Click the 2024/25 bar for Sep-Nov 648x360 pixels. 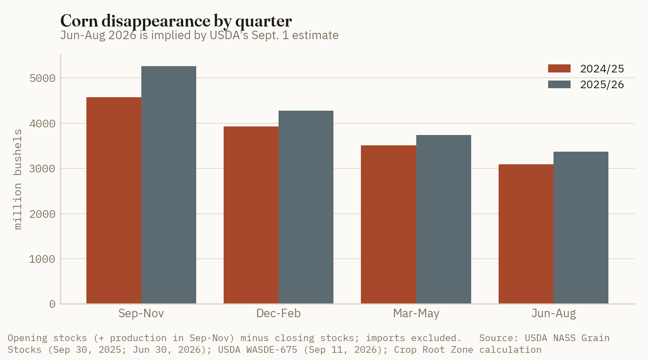tap(114, 200)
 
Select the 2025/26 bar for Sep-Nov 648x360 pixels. tap(169, 185)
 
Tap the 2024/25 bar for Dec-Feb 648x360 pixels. tap(251, 215)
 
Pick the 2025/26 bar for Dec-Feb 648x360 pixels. tap(306, 207)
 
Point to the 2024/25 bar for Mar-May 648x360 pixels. tap(388, 225)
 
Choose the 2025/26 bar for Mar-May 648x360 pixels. tap(444, 219)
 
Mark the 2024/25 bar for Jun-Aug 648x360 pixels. tap(526, 234)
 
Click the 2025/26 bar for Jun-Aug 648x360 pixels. tap(581, 227)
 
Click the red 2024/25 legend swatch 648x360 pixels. tap(559, 68)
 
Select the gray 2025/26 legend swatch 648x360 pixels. tap(559, 85)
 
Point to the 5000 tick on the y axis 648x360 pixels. tap(42, 78)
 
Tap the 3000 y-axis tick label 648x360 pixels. tap(42, 169)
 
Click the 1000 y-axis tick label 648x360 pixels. tap(42, 259)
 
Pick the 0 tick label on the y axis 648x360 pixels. tap(52, 304)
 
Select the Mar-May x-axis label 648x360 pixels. tap(416, 313)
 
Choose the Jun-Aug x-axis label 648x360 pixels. tap(553, 313)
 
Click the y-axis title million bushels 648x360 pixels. tap(18, 180)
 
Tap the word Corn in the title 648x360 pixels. tap(79, 21)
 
